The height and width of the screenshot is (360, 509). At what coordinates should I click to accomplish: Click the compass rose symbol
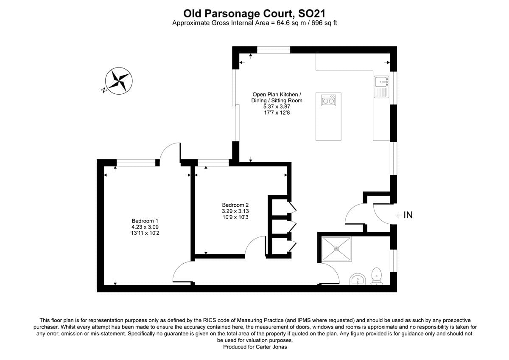tap(119, 80)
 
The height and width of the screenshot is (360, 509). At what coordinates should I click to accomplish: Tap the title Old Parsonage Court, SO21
tap(255, 14)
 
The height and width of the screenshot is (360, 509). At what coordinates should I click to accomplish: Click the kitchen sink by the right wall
tap(381, 87)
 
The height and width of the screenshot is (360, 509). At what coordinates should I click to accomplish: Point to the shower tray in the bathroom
tap(337, 249)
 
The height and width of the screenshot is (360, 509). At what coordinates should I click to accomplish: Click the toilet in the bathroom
tap(376, 276)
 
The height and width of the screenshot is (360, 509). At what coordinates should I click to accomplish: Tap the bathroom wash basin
tap(358, 280)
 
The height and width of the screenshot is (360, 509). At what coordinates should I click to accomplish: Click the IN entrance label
tap(408, 215)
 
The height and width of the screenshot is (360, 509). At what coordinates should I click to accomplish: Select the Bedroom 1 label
tap(145, 221)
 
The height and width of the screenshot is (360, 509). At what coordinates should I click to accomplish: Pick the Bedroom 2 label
tap(235, 205)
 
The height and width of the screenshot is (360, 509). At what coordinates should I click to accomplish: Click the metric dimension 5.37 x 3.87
tap(277, 107)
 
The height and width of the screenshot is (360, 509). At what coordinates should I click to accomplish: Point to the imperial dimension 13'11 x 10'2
tap(145, 233)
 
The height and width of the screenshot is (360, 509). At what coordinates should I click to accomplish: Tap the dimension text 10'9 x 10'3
tap(235, 217)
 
